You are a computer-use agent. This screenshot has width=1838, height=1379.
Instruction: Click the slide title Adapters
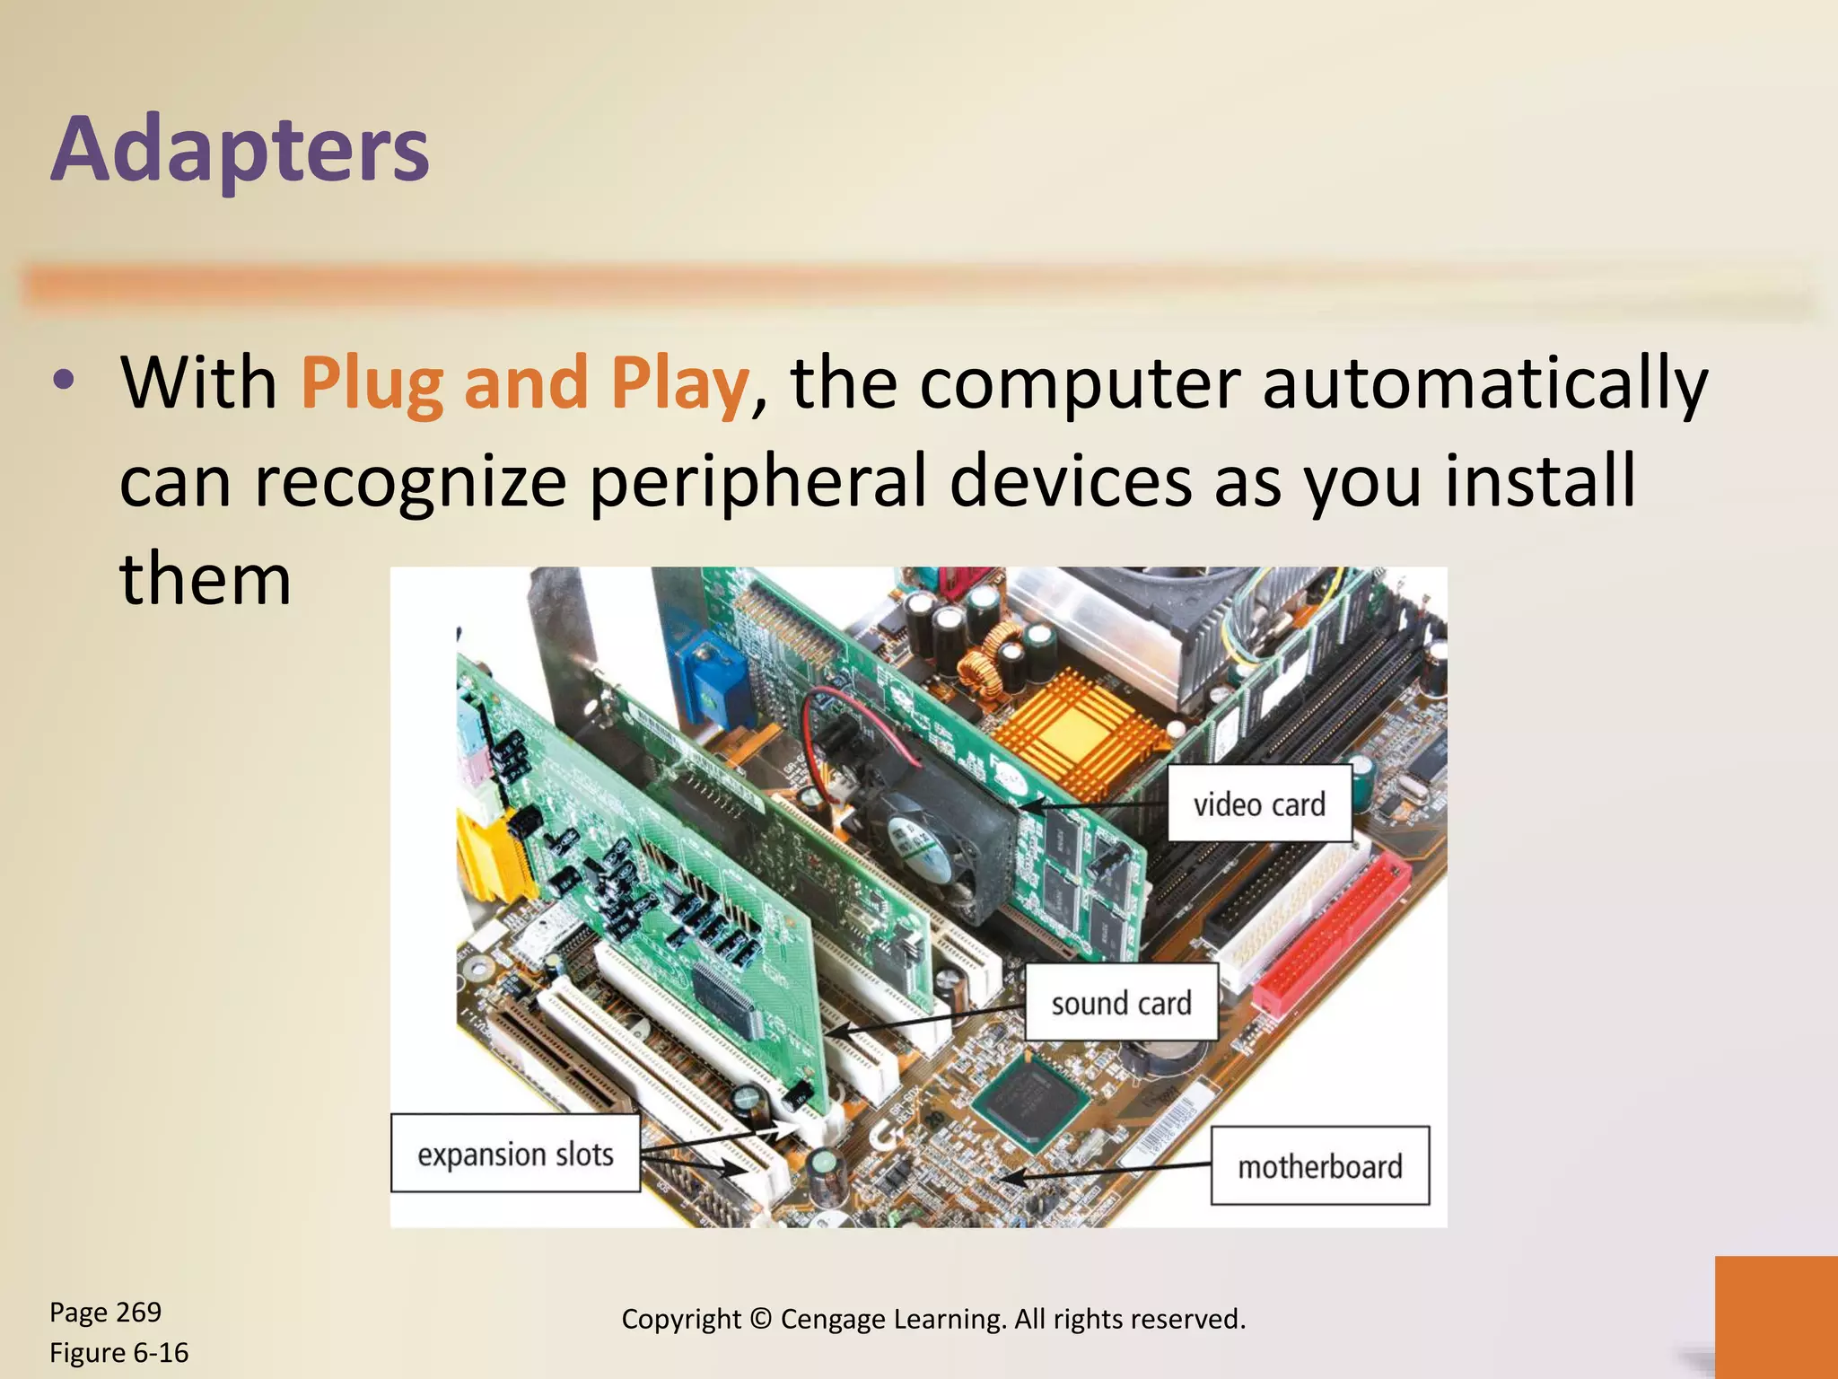241,149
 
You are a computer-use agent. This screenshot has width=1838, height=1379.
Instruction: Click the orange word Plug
372,384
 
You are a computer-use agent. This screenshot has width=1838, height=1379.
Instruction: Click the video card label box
1258,804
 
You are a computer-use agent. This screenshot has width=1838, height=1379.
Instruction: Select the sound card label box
1121,1003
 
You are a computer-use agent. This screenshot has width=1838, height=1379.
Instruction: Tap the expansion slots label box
515,1154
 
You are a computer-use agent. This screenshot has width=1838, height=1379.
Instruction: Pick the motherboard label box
1319,1166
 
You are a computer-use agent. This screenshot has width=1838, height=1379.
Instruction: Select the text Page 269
106,1312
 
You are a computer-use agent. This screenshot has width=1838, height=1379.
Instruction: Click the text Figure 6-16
119,1352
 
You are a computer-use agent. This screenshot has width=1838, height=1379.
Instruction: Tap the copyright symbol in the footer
760,1319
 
